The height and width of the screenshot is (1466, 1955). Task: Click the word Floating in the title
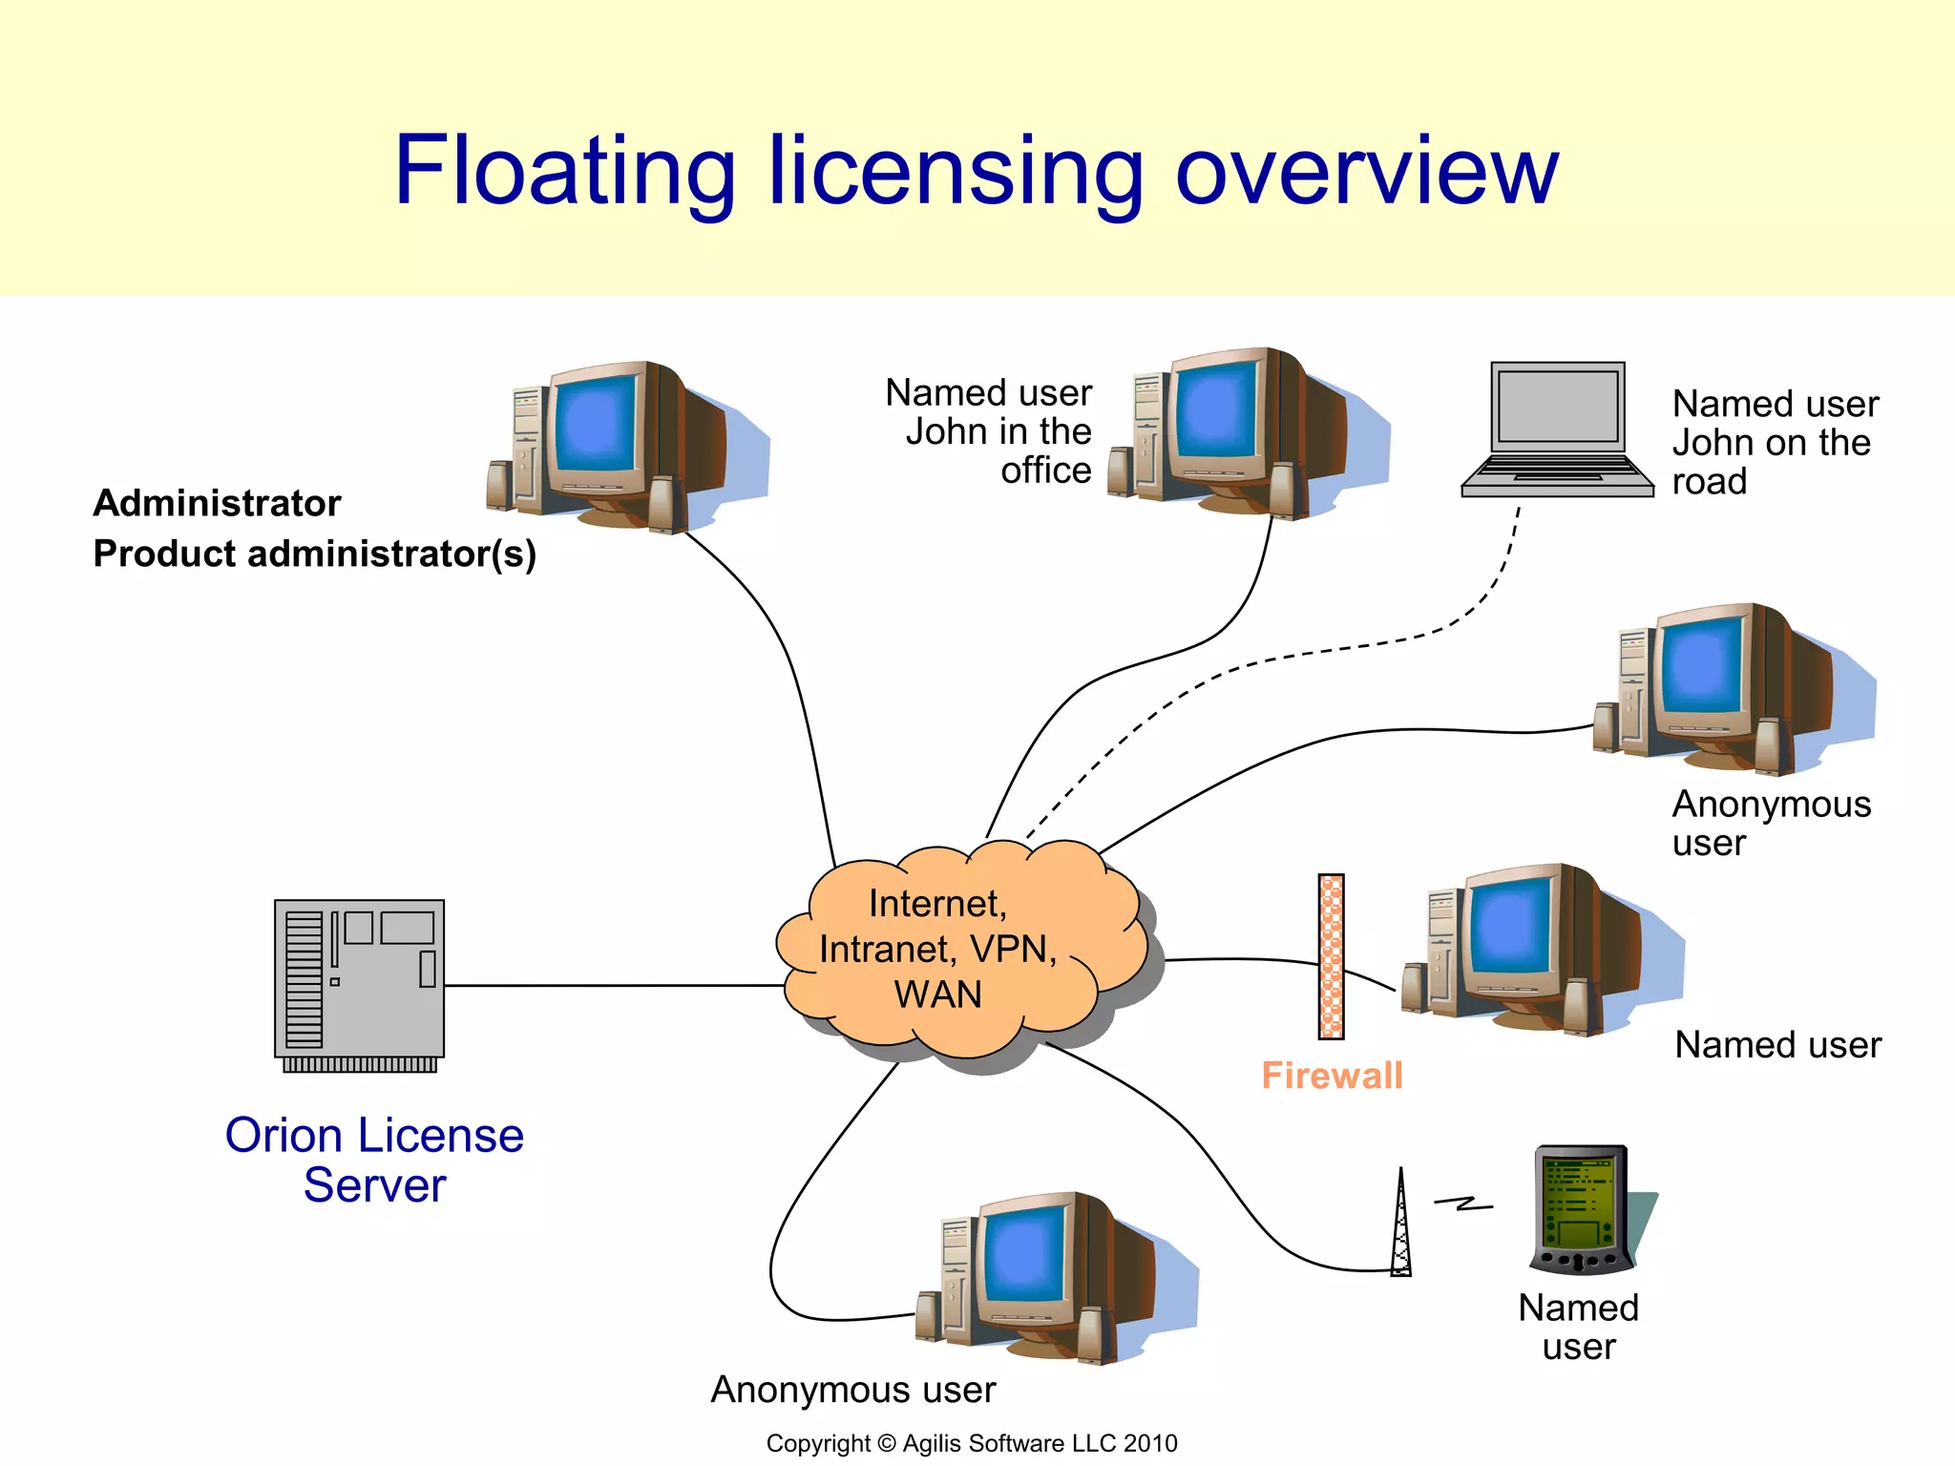(x=564, y=172)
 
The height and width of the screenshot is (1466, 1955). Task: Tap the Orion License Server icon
(x=360, y=984)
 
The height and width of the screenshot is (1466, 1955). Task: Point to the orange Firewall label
(x=1332, y=1076)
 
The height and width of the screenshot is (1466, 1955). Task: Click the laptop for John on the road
(x=1557, y=429)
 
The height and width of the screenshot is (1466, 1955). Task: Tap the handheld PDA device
(x=1582, y=1209)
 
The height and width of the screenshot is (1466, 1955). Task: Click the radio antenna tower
(x=1400, y=1226)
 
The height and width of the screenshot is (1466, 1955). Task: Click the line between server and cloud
(x=611, y=985)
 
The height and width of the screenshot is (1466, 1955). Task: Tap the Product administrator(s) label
(x=314, y=554)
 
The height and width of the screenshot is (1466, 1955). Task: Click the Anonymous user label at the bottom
(x=852, y=1390)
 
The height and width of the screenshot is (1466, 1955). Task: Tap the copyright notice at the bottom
(x=971, y=1443)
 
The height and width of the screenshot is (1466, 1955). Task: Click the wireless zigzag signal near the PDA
(x=1463, y=1204)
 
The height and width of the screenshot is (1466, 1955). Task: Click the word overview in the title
(x=1366, y=172)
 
